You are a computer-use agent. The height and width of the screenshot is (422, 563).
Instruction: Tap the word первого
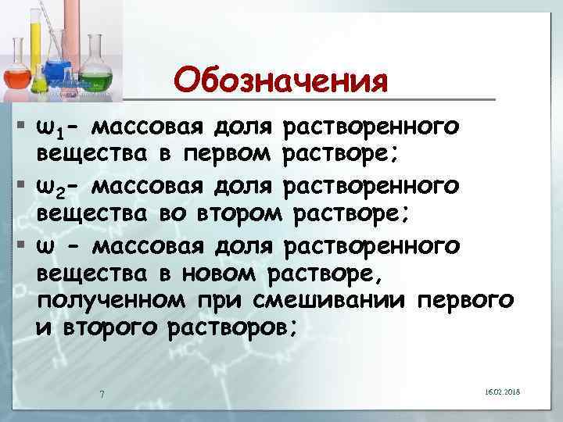coord(466,301)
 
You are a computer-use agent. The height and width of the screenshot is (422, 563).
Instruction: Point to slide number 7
coord(102,392)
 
